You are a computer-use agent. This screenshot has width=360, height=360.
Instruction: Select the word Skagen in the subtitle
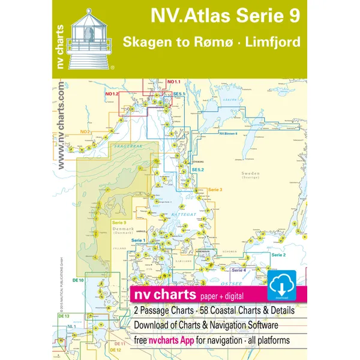tap(145, 44)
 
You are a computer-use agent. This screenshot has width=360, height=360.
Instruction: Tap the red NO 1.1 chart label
tap(174, 82)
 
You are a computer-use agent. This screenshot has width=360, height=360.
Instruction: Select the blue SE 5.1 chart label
tap(180, 94)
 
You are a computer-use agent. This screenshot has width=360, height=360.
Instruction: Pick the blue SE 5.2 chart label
tap(191, 170)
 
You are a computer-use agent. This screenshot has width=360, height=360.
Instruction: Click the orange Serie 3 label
tap(215, 190)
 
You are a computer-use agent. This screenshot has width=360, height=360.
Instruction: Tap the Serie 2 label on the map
tap(278, 238)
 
